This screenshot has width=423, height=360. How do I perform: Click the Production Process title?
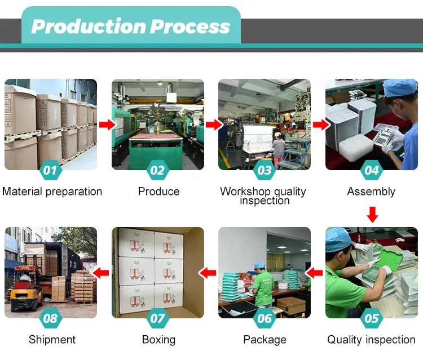131,26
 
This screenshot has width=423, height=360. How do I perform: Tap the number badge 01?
50,170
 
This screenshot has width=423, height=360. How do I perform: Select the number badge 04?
372,170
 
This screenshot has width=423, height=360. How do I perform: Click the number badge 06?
265,318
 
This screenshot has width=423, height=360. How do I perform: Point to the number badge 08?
50,318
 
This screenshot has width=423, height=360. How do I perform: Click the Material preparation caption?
52,192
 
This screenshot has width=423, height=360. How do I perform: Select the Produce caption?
158,192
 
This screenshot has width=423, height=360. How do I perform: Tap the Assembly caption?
371,192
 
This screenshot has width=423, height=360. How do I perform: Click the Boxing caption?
158,340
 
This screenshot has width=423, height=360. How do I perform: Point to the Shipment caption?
52,340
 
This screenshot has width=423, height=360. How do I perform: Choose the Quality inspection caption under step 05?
371,340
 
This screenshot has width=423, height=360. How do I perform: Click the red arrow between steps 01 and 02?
105,125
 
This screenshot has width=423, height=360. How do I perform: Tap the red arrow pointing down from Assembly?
372,214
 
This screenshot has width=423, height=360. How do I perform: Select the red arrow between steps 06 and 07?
209,273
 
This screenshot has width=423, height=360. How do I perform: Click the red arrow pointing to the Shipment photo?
102,273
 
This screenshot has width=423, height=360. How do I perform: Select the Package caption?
265,340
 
